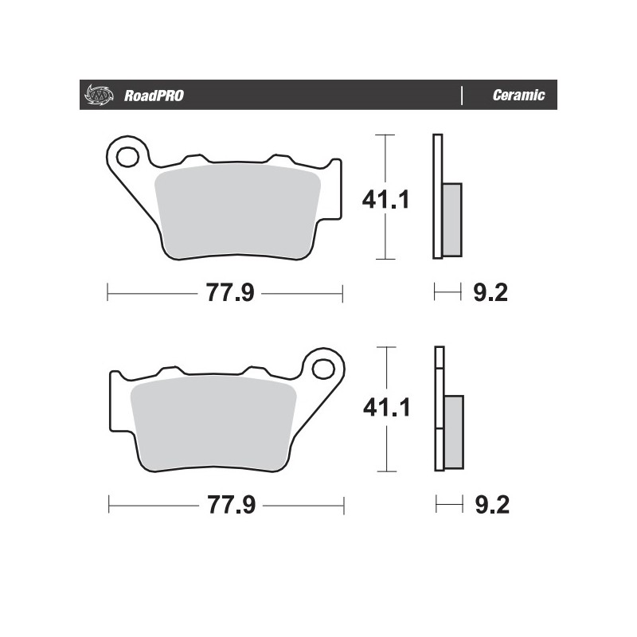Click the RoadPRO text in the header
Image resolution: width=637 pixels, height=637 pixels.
point(154,96)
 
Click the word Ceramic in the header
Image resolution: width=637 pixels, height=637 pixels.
point(518,96)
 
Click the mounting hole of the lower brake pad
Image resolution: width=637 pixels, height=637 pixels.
point(322,368)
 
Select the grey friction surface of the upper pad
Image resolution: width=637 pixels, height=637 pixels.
point(237,211)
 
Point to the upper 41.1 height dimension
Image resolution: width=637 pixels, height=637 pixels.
point(386,198)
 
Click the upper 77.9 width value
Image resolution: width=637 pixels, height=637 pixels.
point(230,294)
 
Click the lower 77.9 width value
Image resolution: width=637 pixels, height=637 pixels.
point(231,505)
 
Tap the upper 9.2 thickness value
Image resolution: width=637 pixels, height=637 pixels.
point(490,294)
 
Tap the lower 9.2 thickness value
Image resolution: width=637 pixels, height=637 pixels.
point(490,505)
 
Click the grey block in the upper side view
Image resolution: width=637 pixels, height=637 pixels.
point(451,219)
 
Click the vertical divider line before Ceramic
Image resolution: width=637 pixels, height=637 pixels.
point(462,96)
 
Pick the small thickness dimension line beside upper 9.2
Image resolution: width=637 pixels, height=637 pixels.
point(447,293)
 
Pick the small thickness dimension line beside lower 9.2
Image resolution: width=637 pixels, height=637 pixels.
point(449,504)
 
